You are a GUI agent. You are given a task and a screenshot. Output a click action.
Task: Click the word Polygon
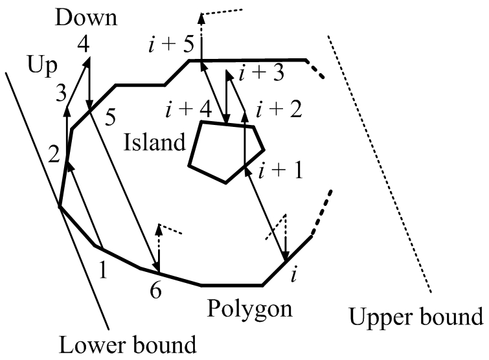pyautogui.click(x=249, y=309)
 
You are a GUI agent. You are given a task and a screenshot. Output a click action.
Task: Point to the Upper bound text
pyautogui.click(x=416, y=318)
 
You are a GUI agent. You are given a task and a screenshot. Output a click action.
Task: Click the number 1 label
pyautogui.click(x=102, y=266)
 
